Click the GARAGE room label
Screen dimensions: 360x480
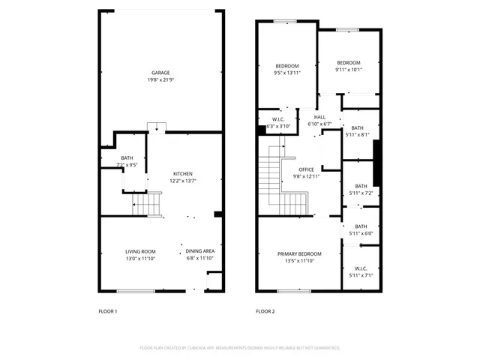160,73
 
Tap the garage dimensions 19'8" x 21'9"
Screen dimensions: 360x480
160,79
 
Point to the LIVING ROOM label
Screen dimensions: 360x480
139,251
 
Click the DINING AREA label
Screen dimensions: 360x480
199,251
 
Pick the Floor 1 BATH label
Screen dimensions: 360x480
127,157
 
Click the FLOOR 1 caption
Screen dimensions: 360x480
108,310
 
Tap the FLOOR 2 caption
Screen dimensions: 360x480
265,310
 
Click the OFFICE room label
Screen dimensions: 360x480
307,169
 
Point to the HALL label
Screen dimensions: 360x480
319,118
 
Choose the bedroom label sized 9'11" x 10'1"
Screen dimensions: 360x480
348,63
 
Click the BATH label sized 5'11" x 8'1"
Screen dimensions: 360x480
357,128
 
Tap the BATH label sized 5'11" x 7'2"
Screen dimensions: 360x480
361,187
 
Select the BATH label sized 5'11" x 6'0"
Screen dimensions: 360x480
361,226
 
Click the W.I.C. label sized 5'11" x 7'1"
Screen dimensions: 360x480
361,268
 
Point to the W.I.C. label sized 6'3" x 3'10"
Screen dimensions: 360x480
278,120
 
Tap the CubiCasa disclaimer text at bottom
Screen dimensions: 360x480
239,348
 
